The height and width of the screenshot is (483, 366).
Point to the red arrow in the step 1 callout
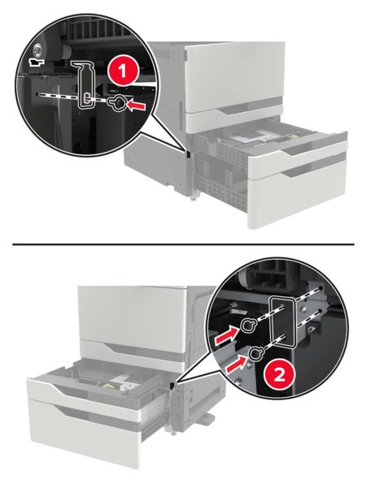point(137,106)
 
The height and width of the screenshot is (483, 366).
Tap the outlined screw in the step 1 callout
point(116,104)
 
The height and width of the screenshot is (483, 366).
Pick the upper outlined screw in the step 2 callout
point(247,325)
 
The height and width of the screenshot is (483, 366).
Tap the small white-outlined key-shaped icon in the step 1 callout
point(36,62)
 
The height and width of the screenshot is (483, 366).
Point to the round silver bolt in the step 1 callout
point(37,48)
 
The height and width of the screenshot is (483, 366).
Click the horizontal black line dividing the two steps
point(183,244)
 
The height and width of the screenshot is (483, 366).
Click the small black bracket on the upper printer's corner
point(188,153)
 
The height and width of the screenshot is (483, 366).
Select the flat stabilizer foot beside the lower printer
point(204,418)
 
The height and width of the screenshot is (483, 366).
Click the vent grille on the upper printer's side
point(163,53)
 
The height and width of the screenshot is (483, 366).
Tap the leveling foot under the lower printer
point(173,432)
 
